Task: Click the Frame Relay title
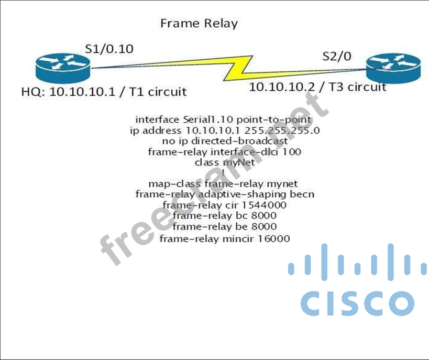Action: tap(199, 24)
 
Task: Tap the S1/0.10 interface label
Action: tap(109, 49)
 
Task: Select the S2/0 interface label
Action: tap(337, 56)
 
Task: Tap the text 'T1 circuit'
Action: tap(160, 92)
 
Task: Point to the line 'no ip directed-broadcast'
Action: tap(225, 141)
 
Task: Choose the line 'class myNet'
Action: tap(224, 162)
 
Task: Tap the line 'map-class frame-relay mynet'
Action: tap(223, 183)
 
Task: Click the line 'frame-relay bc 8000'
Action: tap(224, 215)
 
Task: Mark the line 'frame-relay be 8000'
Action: tap(224, 226)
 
